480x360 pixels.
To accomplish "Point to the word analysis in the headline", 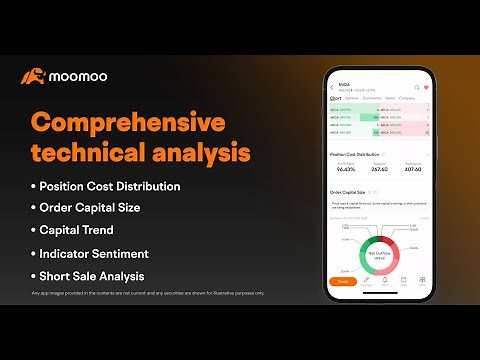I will pyautogui.click(x=198, y=153).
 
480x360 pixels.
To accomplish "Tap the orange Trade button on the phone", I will pyautogui.click(x=343, y=281).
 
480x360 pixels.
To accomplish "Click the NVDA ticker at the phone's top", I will pyautogui.click(x=345, y=85).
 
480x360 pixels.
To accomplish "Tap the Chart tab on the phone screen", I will pyautogui.click(x=336, y=99).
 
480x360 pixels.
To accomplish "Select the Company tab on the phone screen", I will pyautogui.click(x=407, y=99).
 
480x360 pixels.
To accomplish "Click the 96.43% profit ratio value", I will pyautogui.click(x=346, y=170).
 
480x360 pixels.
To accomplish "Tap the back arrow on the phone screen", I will pyautogui.click(x=332, y=87).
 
